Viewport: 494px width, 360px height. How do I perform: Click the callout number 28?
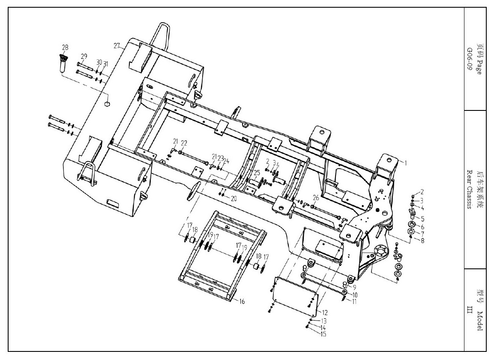[x=65, y=48]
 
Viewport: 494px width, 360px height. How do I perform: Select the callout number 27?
[x=117, y=46]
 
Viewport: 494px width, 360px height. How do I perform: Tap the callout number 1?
[x=406, y=163]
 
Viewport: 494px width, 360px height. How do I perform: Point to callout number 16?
[x=242, y=301]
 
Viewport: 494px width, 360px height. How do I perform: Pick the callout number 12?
[x=325, y=312]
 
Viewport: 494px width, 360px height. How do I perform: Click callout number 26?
[x=316, y=198]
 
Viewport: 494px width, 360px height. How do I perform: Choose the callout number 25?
[x=257, y=173]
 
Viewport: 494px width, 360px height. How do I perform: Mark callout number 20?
[x=234, y=198]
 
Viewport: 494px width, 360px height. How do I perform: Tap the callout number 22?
[x=184, y=143]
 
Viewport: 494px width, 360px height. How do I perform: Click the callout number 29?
[x=84, y=57]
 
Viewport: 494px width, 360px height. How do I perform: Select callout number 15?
[x=323, y=334]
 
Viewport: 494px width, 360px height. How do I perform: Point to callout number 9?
[x=354, y=287]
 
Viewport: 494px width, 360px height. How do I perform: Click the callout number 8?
[x=422, y=241]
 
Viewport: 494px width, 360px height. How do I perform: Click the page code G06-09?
[x=470, y=59]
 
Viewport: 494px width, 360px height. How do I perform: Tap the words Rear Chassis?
[x=470, y=190]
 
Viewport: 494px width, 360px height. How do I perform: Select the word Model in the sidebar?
[x=479, y=321]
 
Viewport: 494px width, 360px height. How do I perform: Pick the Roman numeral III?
[x=470, y=310]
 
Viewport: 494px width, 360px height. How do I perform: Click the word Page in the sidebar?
[x=479, y=67]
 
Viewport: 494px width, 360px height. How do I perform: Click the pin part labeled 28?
[x=63, y=64]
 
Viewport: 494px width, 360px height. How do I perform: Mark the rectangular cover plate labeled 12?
[x=295, y=296]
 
